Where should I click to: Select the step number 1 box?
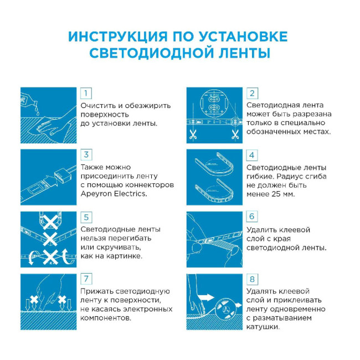(86, 93)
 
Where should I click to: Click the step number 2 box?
(252, 93)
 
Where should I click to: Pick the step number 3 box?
(86, 155)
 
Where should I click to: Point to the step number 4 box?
(252, 155)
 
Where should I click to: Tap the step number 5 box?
(86, 217)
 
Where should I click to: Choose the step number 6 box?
(252, 217)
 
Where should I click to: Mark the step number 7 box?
(86, 279)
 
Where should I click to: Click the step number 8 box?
(252, 279)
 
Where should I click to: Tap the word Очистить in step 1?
(97, 105)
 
